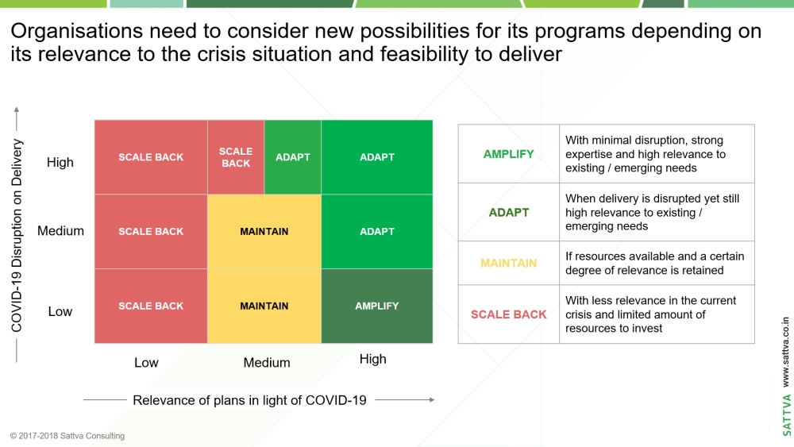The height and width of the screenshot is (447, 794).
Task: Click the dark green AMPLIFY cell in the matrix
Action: point(376,306)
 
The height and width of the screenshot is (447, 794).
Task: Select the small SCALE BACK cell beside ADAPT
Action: point(236,157)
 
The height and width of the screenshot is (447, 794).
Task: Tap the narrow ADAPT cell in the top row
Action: point(293,157)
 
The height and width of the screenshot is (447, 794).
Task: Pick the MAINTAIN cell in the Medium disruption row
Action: point(264,231)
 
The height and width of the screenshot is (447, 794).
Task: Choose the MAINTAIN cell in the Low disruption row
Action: point(264,306)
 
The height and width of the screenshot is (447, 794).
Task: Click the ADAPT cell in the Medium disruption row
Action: point(376,231)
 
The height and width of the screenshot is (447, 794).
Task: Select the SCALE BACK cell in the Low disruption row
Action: point(151,306)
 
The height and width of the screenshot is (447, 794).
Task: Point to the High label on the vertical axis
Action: point(60,163)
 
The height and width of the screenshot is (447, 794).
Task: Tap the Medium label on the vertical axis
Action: point(61,231)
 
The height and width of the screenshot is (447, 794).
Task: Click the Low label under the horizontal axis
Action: point(146,363)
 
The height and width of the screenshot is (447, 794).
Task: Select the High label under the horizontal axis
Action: point(372,359)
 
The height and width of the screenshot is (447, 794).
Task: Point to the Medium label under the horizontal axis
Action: point(267,363)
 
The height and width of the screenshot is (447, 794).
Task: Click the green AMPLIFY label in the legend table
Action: point(508,154)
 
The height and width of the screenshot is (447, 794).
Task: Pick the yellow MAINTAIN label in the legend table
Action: point(508,264)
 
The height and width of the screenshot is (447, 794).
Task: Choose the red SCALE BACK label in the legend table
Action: point(508,314)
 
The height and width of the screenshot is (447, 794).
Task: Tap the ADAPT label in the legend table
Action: point(508,213)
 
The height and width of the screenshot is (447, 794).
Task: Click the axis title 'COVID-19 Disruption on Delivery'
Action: point(17,235)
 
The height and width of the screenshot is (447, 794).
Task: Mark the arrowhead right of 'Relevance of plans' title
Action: point(432,400)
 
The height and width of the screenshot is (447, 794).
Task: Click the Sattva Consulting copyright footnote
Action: point(67,436)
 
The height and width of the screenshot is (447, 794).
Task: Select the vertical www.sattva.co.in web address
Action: point(786,352)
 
